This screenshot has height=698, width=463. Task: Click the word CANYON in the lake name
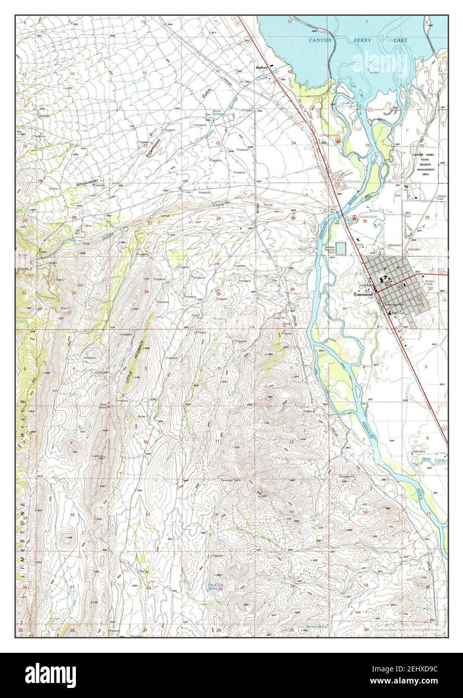tap(320, 40)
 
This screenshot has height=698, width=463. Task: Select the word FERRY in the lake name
tap(372, 40)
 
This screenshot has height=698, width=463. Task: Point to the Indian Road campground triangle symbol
tap(354, 218)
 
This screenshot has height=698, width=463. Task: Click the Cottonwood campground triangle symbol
tap(339, 142)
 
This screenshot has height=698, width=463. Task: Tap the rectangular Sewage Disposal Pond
tap(341, 248)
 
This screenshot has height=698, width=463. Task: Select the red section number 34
tap(146, 292)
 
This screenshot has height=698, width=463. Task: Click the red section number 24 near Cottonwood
tap(293, 143)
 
